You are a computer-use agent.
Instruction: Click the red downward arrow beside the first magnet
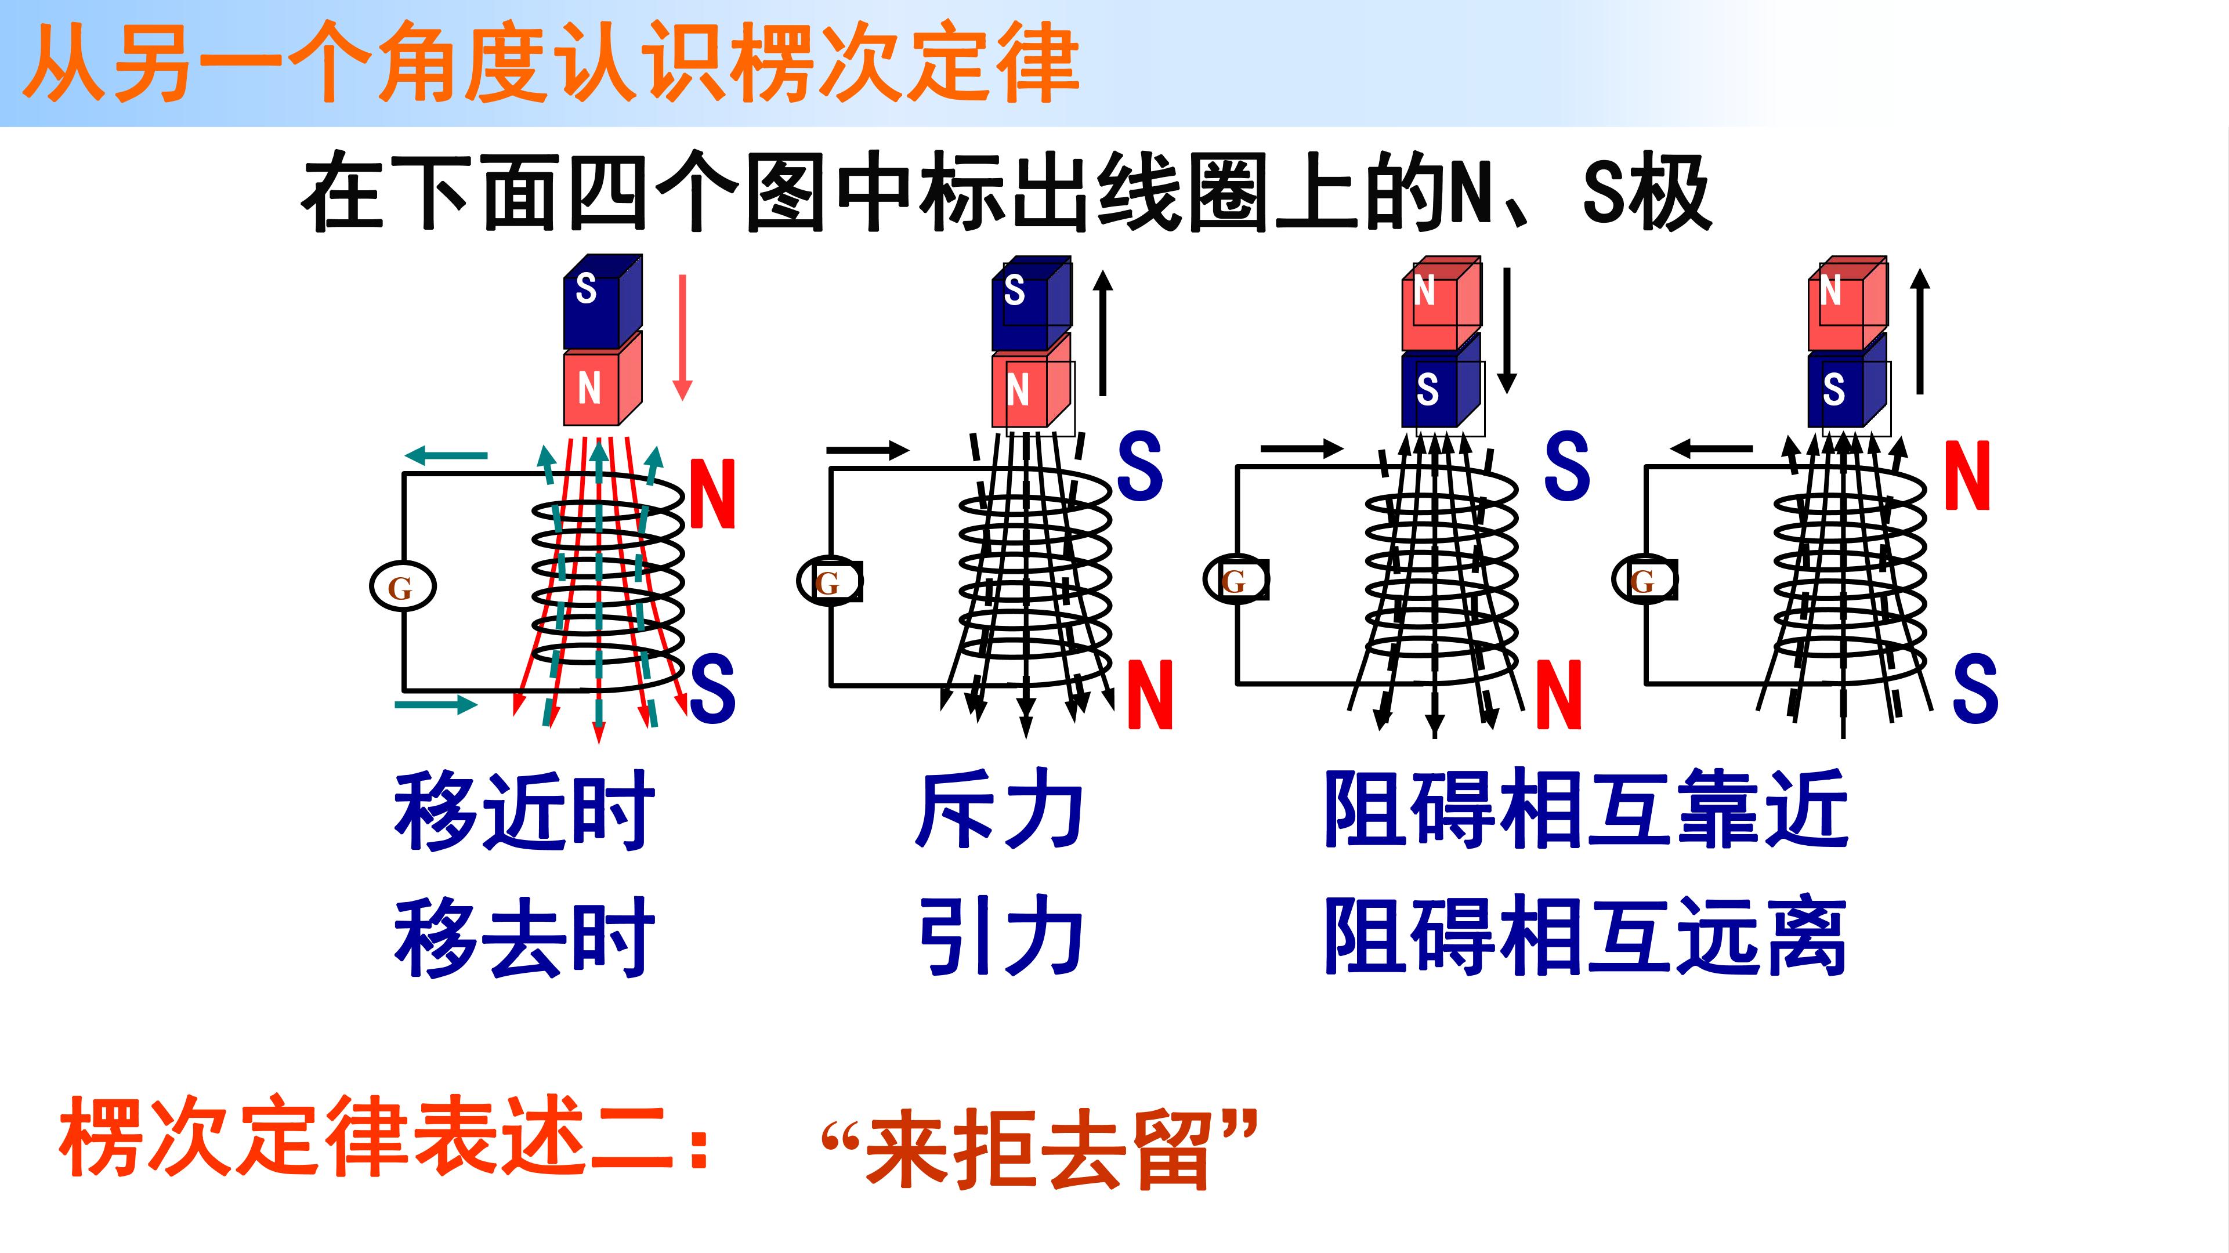(x=683, y=338)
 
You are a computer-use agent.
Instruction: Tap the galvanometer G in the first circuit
(x=403, y=586)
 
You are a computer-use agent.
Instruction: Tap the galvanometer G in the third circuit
(x=1236, y=580)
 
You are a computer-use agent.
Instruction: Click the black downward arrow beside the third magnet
(x=1507, y=331)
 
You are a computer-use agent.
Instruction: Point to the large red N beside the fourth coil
(x=1967, y=475)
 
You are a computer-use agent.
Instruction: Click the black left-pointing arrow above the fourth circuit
(x=1711, y=448)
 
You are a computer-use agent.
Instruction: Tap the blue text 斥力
(x=1000, y=809)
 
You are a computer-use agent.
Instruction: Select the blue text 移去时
(x=524, y=937)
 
